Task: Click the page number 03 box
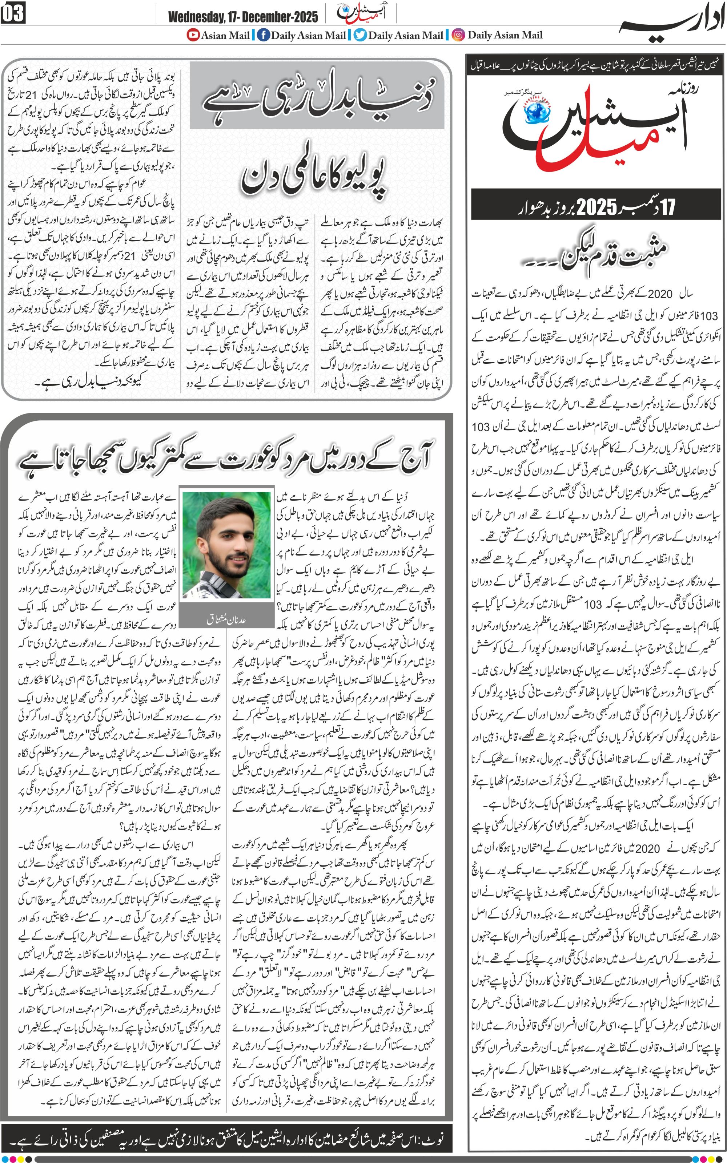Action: pos(13,13)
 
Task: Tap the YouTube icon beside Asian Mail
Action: pos(193,35)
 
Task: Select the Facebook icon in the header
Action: pos(263,35)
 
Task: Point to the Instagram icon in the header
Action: pos(459,35)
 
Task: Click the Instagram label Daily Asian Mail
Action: pos(505,35)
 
